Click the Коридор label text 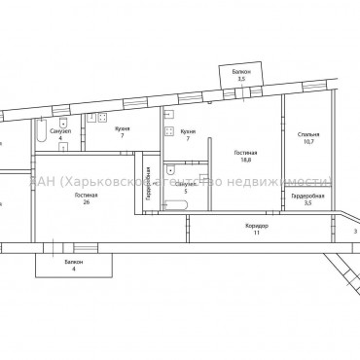[x=257, y=227]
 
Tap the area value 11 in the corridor [x=257, y=234]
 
